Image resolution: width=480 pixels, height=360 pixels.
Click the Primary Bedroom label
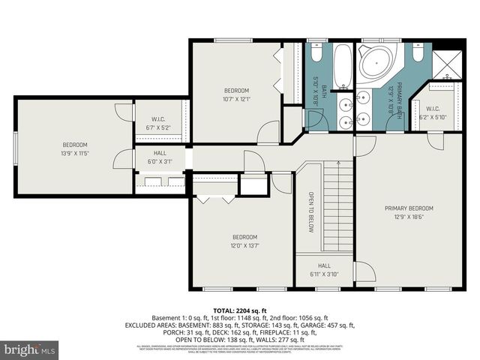pos(409,208)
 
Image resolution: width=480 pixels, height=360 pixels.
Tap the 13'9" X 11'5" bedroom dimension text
pos(75,153)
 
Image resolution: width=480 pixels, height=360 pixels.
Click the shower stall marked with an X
pos(447,63)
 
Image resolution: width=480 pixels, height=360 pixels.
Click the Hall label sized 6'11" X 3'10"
pos(324,269)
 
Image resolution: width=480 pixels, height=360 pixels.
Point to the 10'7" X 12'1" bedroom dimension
pos(236,98)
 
